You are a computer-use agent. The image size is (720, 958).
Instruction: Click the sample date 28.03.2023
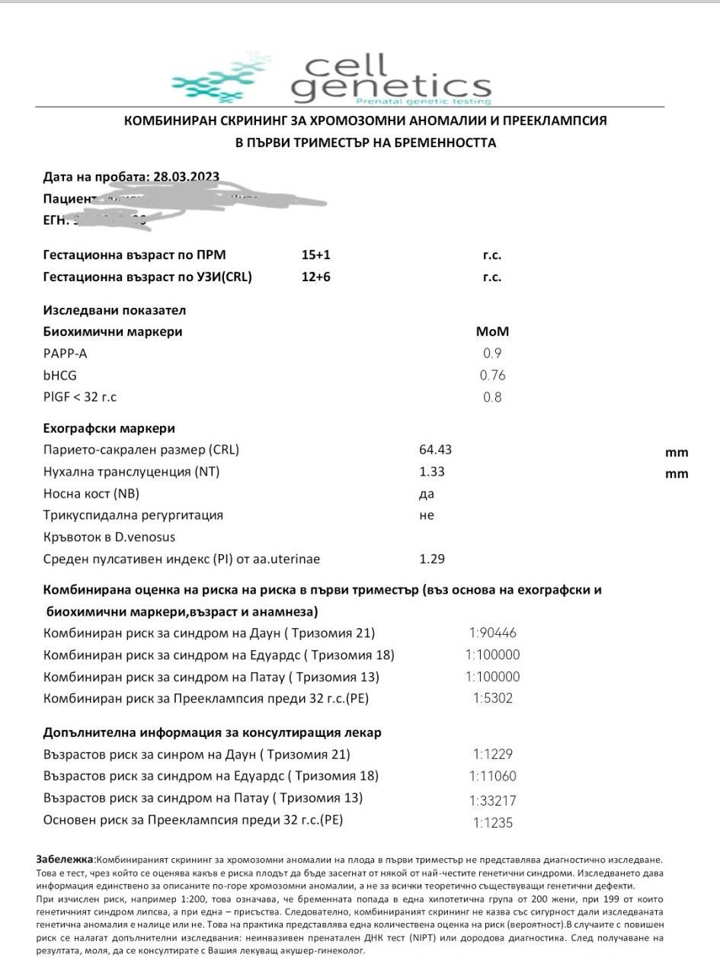pos(187,177)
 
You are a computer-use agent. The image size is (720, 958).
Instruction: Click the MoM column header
pos(492,332)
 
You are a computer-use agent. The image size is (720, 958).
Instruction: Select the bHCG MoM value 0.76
pos(492,375)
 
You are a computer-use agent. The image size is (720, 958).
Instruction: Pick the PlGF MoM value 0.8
pos(492,397)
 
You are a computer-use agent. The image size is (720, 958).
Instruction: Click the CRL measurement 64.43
pos(435,450)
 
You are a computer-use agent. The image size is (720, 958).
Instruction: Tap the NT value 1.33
pos(432,472)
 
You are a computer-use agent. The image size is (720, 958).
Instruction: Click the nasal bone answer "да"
pos(427,493)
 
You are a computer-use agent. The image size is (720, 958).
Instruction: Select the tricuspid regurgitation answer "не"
pos(427,515)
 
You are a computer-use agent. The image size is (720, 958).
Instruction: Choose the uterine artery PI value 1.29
pos(432,559)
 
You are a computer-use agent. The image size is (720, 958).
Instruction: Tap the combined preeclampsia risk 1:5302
pos(492,698)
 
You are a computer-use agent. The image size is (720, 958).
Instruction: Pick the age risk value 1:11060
pos(492,777)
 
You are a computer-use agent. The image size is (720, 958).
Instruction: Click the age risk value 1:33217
pos(492,800)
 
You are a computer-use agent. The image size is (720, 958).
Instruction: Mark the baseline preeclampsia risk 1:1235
pos(492,822)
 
